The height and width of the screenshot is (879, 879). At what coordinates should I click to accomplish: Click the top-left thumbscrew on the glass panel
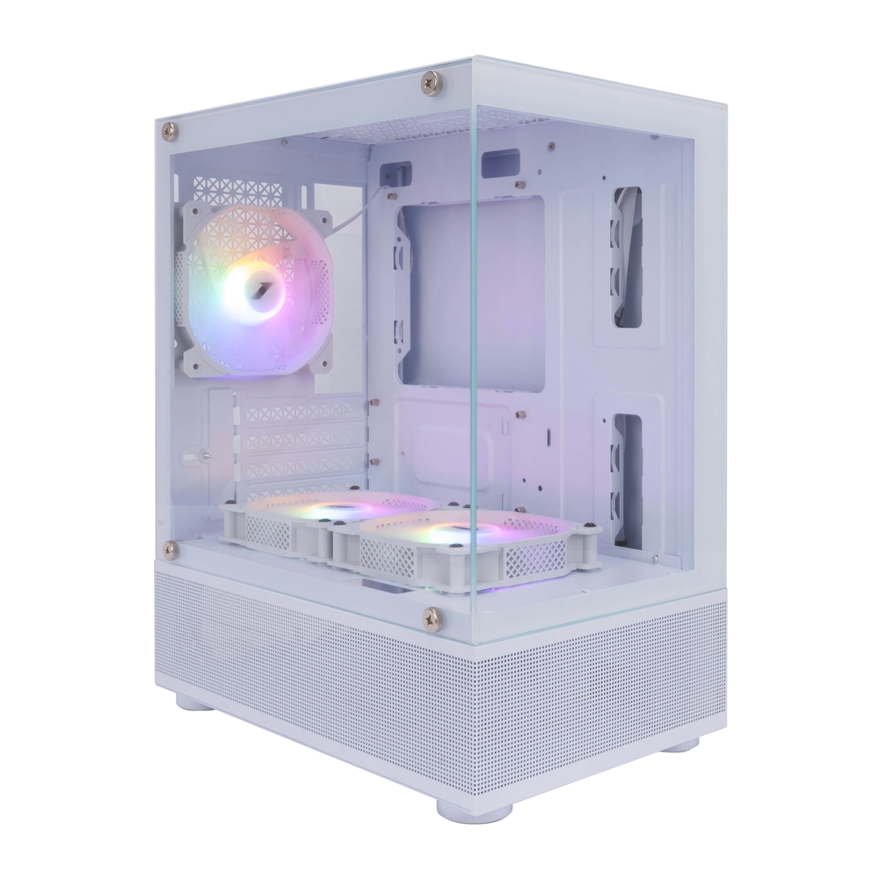[x=170, y=130]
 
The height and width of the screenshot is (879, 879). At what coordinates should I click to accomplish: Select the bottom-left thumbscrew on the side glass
[x=171, y=549]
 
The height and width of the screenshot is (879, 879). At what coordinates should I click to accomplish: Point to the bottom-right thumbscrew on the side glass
[x=432, y=617]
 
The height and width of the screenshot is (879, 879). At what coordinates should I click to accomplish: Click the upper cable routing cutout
[x=627, y=257]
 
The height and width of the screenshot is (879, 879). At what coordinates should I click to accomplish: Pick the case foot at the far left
[x=193, y=701]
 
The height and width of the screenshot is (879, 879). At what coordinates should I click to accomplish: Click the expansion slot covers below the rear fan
[x=303, y=444]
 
